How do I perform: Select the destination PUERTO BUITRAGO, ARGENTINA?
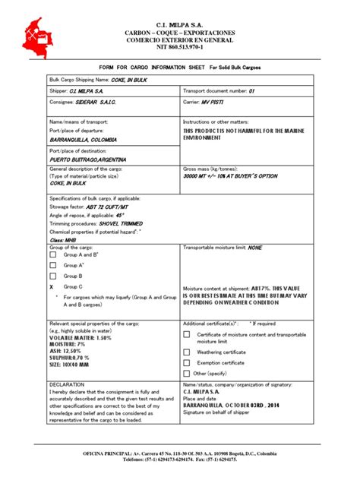click(x=88, y=159)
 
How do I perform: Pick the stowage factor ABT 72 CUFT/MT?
click(x=106, y=206)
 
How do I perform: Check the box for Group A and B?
click(x=52, y=256)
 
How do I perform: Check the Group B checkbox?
click(x=52, y=276)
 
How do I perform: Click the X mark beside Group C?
click(x=52, y=287)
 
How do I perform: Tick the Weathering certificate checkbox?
click(x=187, y=352)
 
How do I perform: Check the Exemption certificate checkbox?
click(x=187, y=362)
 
